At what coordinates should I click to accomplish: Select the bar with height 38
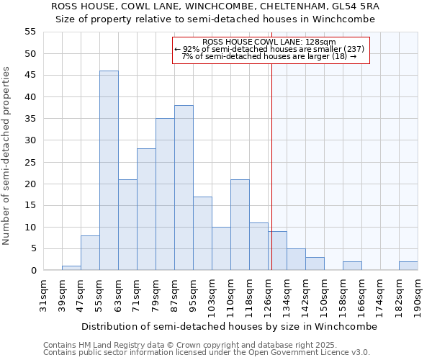(184, 188)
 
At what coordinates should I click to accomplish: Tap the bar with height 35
(165, 194)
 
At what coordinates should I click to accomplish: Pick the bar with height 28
(146, 210)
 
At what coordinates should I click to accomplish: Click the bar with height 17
(202, 233)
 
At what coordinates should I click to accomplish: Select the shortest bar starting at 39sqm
(71, 268)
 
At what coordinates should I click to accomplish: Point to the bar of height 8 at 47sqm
(90, 253)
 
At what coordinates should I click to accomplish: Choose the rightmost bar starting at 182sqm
(408, 266)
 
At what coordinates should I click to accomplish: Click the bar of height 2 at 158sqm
(352, 266)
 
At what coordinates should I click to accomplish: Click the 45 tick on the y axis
(30, 75)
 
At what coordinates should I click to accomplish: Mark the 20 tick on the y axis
(30, 184)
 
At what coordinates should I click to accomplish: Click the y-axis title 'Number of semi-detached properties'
(6, 156)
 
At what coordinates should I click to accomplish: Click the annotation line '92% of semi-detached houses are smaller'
(270, 49)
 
